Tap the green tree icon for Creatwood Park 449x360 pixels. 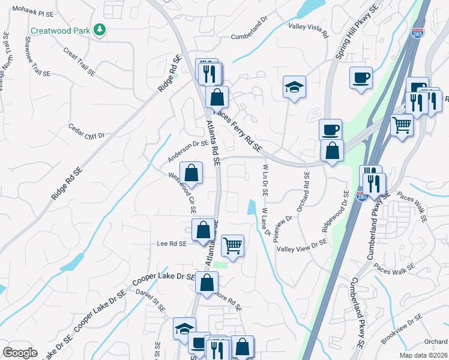100,29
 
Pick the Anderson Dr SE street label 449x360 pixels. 188,151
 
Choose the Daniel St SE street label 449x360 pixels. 151,300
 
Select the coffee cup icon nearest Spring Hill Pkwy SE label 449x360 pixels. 361,77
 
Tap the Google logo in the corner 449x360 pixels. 20,353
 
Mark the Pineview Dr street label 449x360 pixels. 282,227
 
